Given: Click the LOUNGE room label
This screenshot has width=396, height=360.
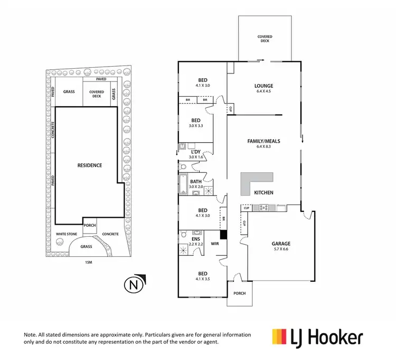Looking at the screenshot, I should pos(263,85).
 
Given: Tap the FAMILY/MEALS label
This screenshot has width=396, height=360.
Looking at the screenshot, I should pos(263,141).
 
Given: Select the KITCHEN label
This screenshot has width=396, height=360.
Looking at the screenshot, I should pos(263,192).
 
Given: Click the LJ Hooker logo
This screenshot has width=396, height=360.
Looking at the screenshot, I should pos(317,337).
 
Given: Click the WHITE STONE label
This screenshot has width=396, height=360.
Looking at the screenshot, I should pos(67,234).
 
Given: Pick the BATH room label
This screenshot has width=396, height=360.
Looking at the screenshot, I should pos(196,181).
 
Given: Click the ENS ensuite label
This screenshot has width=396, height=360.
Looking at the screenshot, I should pos(196,238).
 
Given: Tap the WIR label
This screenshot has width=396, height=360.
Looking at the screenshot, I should pos(214,244).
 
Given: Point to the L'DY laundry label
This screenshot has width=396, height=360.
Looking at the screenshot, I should pos(196,151).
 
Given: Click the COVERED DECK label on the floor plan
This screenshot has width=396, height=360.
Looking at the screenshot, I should pos(265,39).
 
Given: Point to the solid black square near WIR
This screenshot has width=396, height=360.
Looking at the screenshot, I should pos(223,235).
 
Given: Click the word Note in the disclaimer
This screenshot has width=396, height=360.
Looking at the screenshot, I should pos(31,335).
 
